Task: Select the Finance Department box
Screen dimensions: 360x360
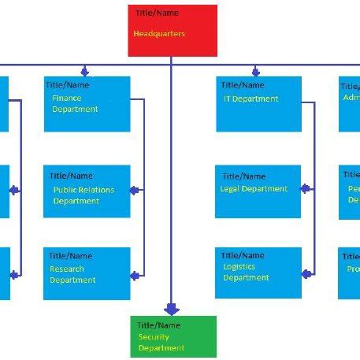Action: point(87,103)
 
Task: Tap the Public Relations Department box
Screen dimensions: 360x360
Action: point(87,191)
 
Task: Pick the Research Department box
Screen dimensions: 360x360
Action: point(87,273)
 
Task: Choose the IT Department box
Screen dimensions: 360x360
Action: point(258,103)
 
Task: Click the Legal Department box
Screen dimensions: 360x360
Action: point(258,191)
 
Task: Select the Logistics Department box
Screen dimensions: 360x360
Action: point(258,273)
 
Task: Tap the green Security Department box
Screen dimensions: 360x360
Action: point(173,336)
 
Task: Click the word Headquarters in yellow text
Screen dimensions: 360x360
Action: point(160,34)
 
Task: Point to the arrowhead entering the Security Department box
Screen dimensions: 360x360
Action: point(172,310)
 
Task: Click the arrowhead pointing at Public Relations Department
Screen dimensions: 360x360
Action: point(135,190)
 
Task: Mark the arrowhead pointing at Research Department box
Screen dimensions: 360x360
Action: point(135,274)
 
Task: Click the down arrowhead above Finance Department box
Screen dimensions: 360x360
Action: point(84,71)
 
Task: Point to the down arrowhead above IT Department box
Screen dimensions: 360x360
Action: point(256,71)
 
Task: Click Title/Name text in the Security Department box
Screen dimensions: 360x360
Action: point(158,325)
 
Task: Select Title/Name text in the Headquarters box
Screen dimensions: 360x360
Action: point(157,13)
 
